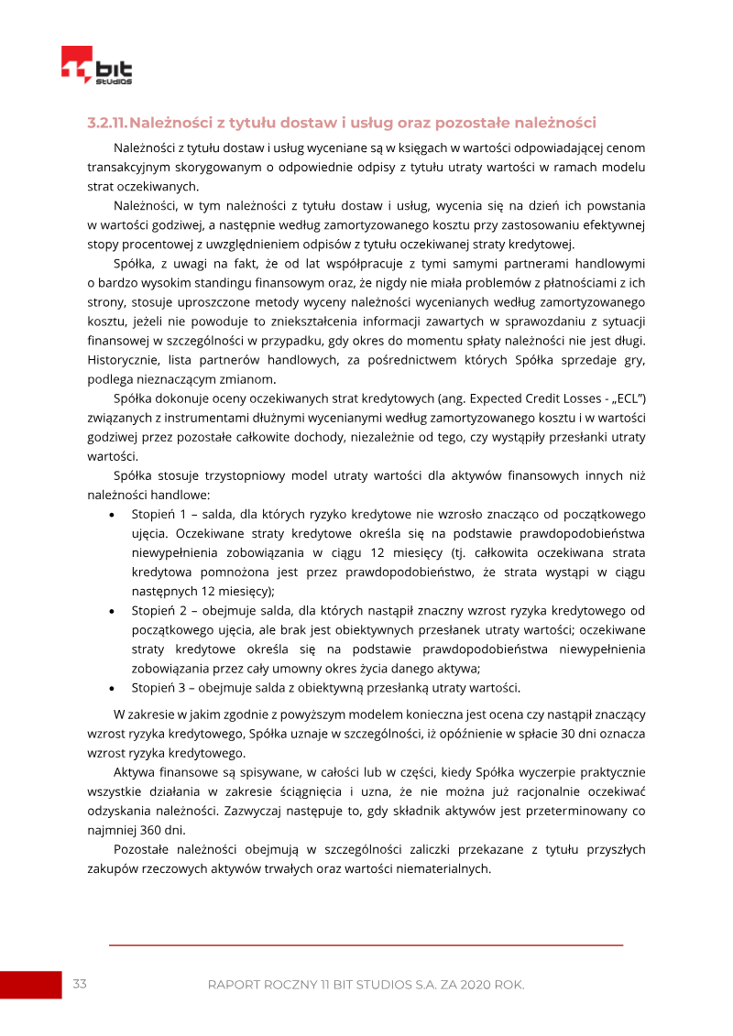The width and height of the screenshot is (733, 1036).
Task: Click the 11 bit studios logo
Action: click(97, 66)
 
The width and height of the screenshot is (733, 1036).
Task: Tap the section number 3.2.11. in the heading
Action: click(107, 123)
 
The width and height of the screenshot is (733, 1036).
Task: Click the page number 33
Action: click(80, 984)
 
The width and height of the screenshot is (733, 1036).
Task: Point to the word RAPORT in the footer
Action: click(236, 985)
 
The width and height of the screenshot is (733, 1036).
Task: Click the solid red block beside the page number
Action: click(30, 985)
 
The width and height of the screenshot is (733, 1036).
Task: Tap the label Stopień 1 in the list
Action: click(159, 514)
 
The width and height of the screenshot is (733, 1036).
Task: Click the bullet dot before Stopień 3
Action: click(111, 688)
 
